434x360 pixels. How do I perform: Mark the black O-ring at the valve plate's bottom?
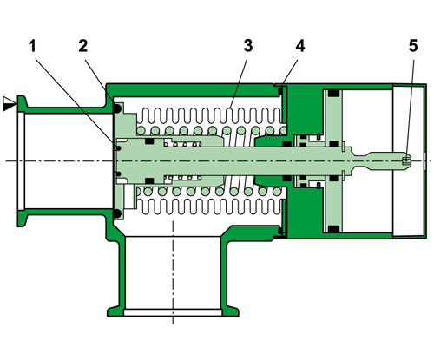coord(116,212)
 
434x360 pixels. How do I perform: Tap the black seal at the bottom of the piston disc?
coord(333,228)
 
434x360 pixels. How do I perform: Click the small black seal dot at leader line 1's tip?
coord(116,146)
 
